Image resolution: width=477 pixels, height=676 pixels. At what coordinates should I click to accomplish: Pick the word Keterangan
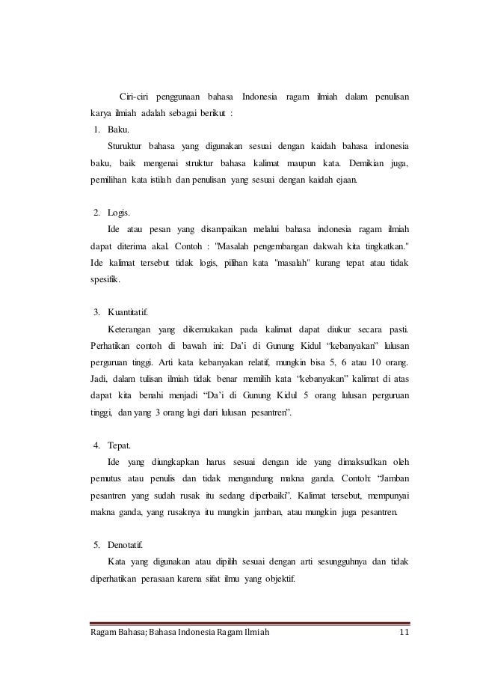coord(129,328)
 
